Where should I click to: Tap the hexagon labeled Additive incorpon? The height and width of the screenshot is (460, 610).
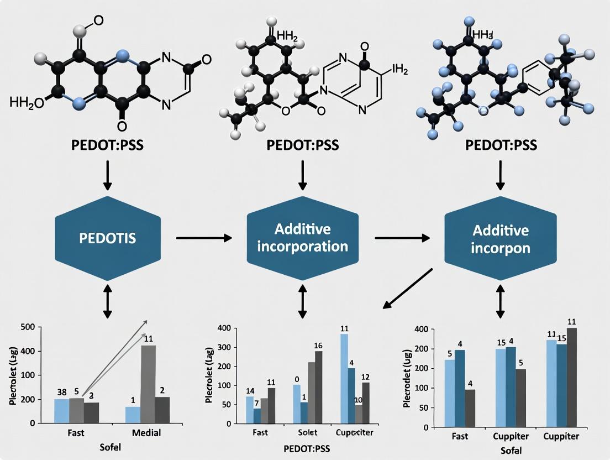point(500,239)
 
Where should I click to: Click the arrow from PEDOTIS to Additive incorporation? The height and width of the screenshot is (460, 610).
point(204,238)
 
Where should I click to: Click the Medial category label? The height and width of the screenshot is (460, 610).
point(147,433)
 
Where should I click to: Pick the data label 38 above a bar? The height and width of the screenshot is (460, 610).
point(61,392)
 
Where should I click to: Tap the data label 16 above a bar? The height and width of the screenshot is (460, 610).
point(318,346)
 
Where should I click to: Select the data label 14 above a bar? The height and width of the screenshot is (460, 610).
point(250,391)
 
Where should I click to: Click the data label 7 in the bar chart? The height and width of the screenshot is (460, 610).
point(257,403)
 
